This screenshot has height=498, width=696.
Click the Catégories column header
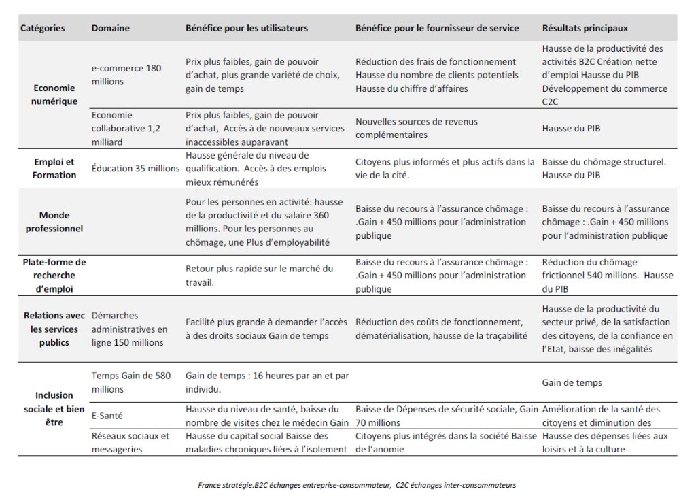click(x=43, y=29)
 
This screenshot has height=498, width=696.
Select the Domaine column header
click(x=110, y=29)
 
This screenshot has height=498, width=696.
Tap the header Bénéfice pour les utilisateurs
click(x=246, y=29)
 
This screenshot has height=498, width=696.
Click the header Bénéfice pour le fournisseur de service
click(x=436, y=29)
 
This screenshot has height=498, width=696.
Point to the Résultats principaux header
click(x=585, y=29)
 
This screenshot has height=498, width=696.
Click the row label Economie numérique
click(x=55, y=95)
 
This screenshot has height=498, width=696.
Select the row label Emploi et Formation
click(x=55, y=169)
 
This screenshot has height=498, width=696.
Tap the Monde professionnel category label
click(x=55, y=222)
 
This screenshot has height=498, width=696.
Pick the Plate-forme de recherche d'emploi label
click(x=55, y=275)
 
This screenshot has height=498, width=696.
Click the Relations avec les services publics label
click(x=55, y=329)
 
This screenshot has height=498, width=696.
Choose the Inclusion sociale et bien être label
click(x=55, y=408)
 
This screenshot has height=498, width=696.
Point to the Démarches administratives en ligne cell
click(x=129, y=329)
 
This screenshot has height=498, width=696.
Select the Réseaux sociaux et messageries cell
click(x=130, y=442)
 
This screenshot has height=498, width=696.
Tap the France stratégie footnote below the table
click(x=357, y=485)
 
